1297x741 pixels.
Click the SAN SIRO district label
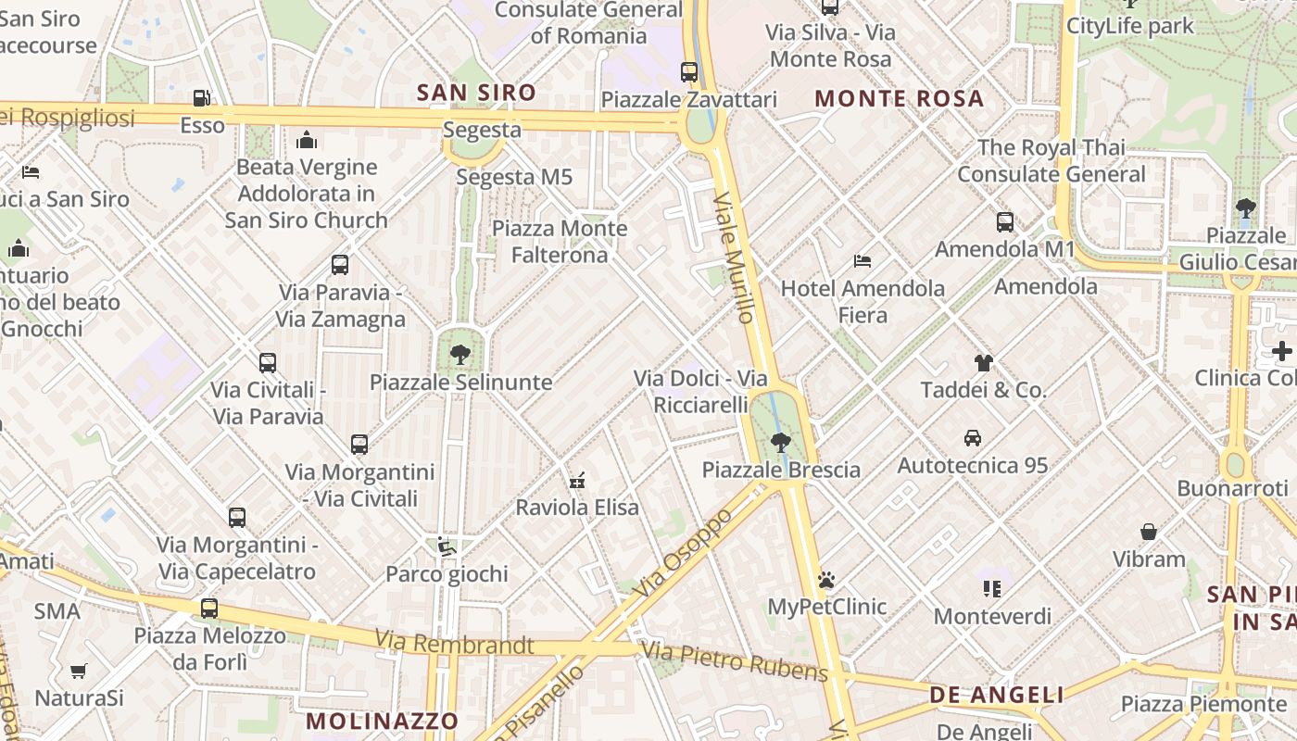coord(476,93)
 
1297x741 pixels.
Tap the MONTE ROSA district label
coord(899,99)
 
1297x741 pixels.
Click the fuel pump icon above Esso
coord(201,98)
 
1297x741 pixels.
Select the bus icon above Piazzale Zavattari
coord(688,72)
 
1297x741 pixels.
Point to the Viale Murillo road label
coord(734,257)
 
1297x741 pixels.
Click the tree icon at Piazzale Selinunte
coord(460,354)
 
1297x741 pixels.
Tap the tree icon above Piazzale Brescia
coord(781,442)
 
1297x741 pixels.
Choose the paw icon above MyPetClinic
coord(826,580)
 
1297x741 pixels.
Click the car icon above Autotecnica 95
coord(972,437)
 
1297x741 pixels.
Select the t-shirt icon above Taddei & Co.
coord(983,362)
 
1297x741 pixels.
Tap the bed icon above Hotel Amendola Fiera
coord(863,261)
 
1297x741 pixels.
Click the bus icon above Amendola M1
coord(1004,222)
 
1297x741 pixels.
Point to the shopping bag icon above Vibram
coord(1149,532)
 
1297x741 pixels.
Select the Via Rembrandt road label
coord(454,643)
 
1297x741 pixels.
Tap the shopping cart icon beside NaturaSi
coord(79,670)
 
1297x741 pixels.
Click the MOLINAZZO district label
coord(382,721)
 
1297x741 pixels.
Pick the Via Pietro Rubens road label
coord(734,661)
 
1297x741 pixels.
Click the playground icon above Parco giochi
coord(447,546)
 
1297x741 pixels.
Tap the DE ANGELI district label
coord(996,695)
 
